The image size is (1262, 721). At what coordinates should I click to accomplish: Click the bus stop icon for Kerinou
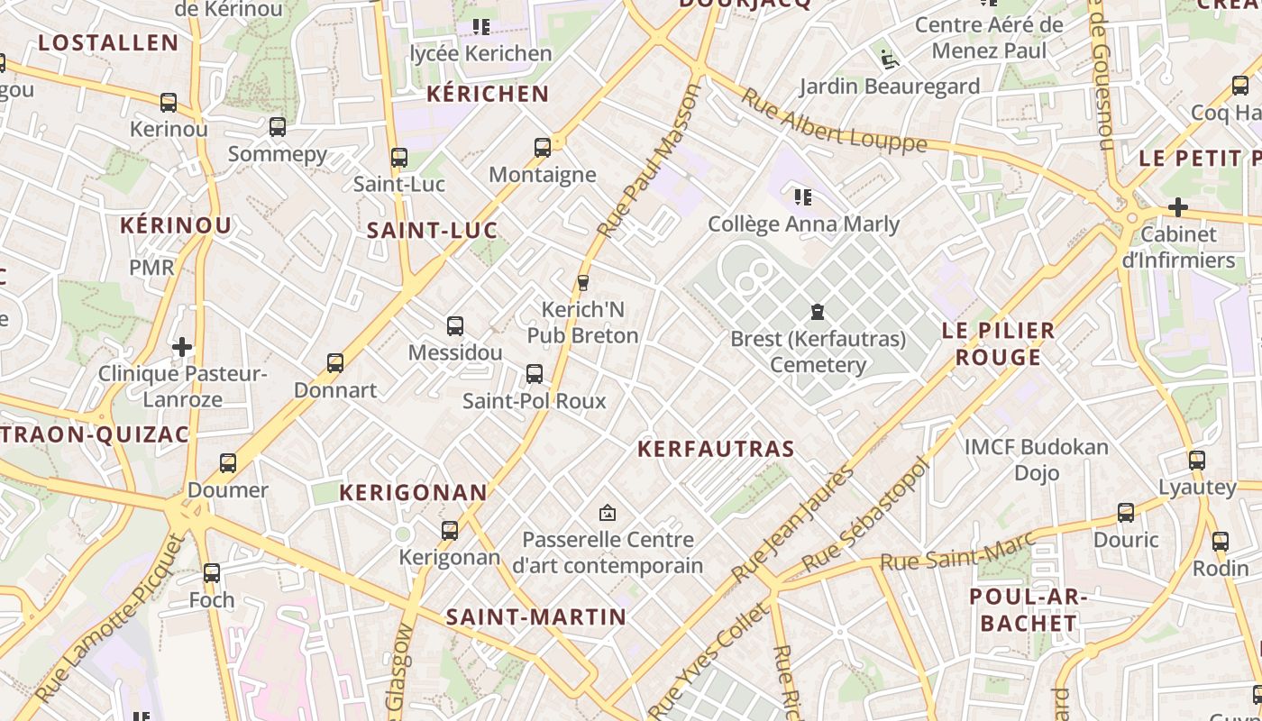pos(169,102)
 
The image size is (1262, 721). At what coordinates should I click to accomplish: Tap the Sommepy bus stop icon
pos(278,127)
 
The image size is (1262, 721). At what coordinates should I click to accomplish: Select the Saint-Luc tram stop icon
pos(399,157)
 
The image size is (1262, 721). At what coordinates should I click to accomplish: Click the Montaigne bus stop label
pos(542,175)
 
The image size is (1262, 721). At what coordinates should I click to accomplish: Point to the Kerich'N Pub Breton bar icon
pos(583,282)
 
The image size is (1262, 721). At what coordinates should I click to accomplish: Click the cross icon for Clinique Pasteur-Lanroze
pos(182,346)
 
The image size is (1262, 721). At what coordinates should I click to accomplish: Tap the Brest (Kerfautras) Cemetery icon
pos(818,312)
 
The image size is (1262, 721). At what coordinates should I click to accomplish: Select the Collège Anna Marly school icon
pos(803,196)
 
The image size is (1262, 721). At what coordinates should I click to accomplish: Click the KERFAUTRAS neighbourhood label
pos(716,449)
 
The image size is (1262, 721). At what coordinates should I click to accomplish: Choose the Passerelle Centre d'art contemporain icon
pos(608,513)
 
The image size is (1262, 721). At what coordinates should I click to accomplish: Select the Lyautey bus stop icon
pos(1196,460)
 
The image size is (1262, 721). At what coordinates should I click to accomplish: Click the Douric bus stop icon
pos(1126,513)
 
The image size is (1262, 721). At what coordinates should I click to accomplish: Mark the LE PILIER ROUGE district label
pos(998,343)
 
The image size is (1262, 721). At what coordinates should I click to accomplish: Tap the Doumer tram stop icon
pos(228,463)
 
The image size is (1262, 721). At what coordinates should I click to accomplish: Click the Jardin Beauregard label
pos(890,87)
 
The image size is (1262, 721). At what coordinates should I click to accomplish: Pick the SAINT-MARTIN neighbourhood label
pos(535,617)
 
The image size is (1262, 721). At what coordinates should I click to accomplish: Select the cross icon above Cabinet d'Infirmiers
pos(1177,207)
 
